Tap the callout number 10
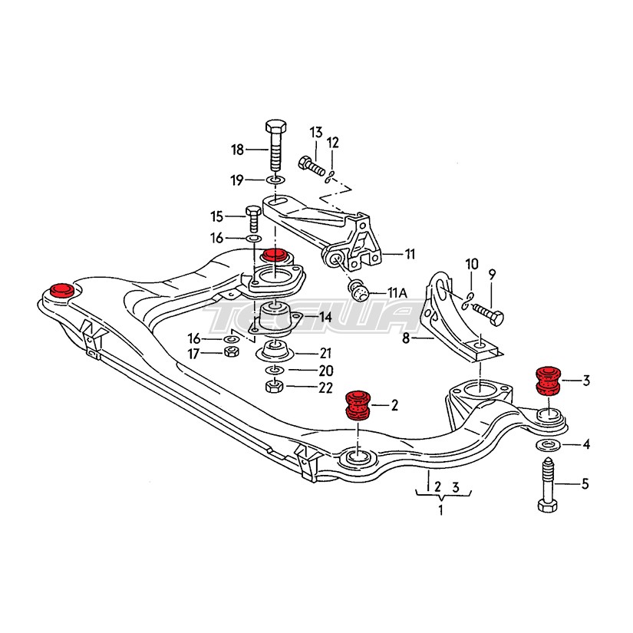point(472,265)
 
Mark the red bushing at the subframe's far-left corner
point(61,291)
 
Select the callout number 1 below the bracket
point(440,510)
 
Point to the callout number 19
point(237,180)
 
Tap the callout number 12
point(332,143)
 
